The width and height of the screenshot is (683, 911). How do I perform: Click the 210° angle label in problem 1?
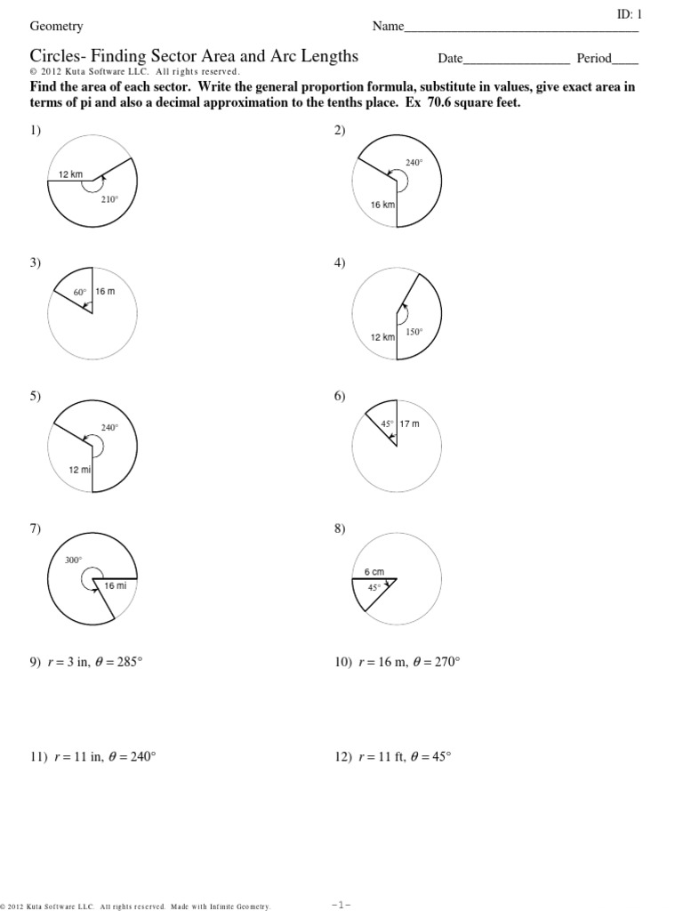[x=108, y=199]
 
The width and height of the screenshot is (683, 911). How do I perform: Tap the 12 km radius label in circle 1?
[x=70, y=175]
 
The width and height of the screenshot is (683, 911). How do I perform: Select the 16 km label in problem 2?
[x=382, y=205]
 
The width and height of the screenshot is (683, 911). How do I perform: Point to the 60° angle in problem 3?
[x=79, y=291]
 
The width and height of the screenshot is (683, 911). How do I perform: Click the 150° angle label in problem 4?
[x=414, y=332]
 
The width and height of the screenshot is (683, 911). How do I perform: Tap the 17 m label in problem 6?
[x=409, y=423]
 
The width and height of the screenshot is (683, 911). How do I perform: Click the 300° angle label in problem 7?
[x=73, y=560]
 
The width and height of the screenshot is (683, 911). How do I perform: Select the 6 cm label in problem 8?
[x=374, y=572]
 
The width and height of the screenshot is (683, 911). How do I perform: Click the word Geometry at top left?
[x=57, y=27]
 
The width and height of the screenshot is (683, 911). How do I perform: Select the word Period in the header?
[x=594, y=59]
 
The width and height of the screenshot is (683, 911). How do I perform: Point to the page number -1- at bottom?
[x=341, y=904]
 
